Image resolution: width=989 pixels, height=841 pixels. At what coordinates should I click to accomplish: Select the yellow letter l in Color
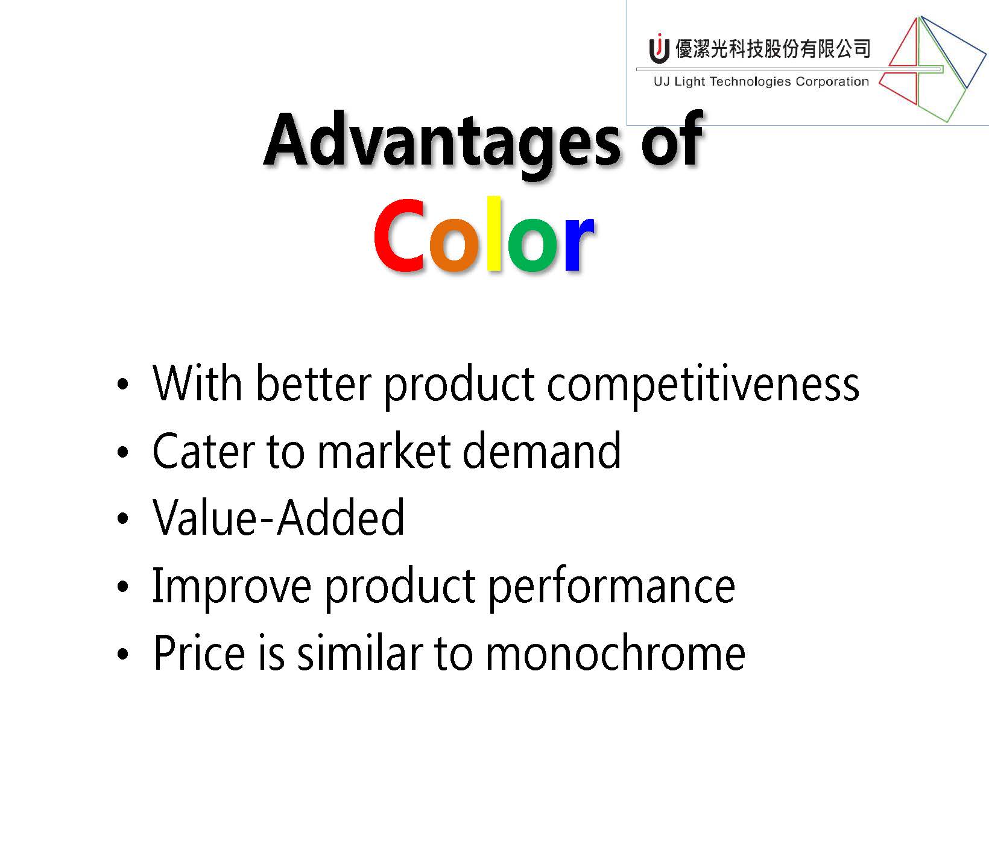pyautogui.click(x=494, y=233)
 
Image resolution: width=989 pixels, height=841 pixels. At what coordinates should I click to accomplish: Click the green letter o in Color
pyautogui.click(x=531, y=243)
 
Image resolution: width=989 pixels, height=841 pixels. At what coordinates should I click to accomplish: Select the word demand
pyautogui.click(x=541, y=450)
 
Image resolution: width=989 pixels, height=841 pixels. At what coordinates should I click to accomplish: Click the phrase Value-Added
pyautogui.click(x=278, y=518)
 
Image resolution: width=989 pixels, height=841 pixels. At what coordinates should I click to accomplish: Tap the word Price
pyautogui.click(x=199, y=653)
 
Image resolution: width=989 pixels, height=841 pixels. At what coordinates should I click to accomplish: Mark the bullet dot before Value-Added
pyautogui.click(x=123, y=519)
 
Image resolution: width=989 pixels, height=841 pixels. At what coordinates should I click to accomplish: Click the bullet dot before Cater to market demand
pyautogui.click(x=123, y=452)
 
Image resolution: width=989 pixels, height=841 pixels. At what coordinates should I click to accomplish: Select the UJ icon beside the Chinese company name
pyautogui.click(x=659, y=48)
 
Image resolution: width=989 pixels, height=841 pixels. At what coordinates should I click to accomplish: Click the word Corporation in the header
pyautogui.click(x=832, y=81)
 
